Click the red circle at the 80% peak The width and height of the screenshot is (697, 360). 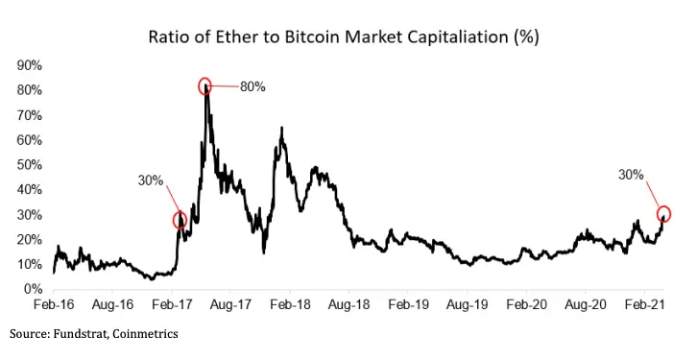click(x=204, y=86)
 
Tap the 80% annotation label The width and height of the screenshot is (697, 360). click(x=252, y=86)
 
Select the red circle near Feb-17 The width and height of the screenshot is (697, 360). click(x=180, y=220)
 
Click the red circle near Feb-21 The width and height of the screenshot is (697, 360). click(x=662, y=213)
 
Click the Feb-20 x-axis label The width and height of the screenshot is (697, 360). click(x=525, y=304)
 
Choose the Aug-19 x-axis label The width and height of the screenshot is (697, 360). click(x=467, y=304)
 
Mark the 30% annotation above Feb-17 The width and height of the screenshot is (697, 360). click(x=152, y=180)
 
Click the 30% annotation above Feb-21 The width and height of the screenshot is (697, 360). click(x=631, y=175)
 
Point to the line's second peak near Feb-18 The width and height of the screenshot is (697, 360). click(x=280, y=129)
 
